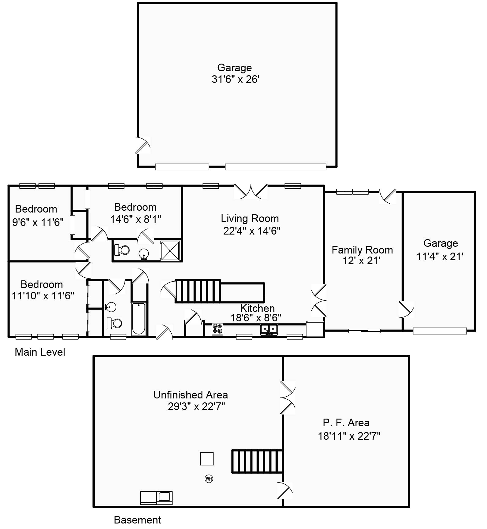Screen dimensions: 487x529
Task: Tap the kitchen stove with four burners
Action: [x=217, y=329]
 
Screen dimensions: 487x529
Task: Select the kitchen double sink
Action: [x=269, y=330]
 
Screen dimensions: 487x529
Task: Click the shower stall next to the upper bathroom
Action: [x=170, y=250]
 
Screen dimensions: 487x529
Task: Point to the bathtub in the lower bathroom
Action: [x=139, y=319]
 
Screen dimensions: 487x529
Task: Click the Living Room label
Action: [x=250, y=218]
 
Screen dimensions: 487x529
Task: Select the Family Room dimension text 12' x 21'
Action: [x=362, y=261]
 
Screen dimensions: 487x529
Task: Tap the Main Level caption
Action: [x=40, y=352]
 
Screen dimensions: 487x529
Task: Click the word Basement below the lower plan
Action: [x=137, y=520]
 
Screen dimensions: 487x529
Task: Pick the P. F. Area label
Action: [x=346, y=423]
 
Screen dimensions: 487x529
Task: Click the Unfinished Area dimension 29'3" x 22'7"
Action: [x=196, y=406]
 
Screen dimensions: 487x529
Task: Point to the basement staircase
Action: [x=257, y=461]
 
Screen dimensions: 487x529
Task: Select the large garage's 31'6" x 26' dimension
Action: [x=236, y=79]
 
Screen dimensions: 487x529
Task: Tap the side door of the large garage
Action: [x=143, y=145]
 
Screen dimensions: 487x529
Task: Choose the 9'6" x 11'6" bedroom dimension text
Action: [x=38, y=222]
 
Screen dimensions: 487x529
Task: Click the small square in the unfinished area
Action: [x=207, y=459]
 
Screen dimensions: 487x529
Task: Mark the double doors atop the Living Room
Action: [x=251, y=191]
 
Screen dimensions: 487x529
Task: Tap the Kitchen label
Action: [x=257, y=308]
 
